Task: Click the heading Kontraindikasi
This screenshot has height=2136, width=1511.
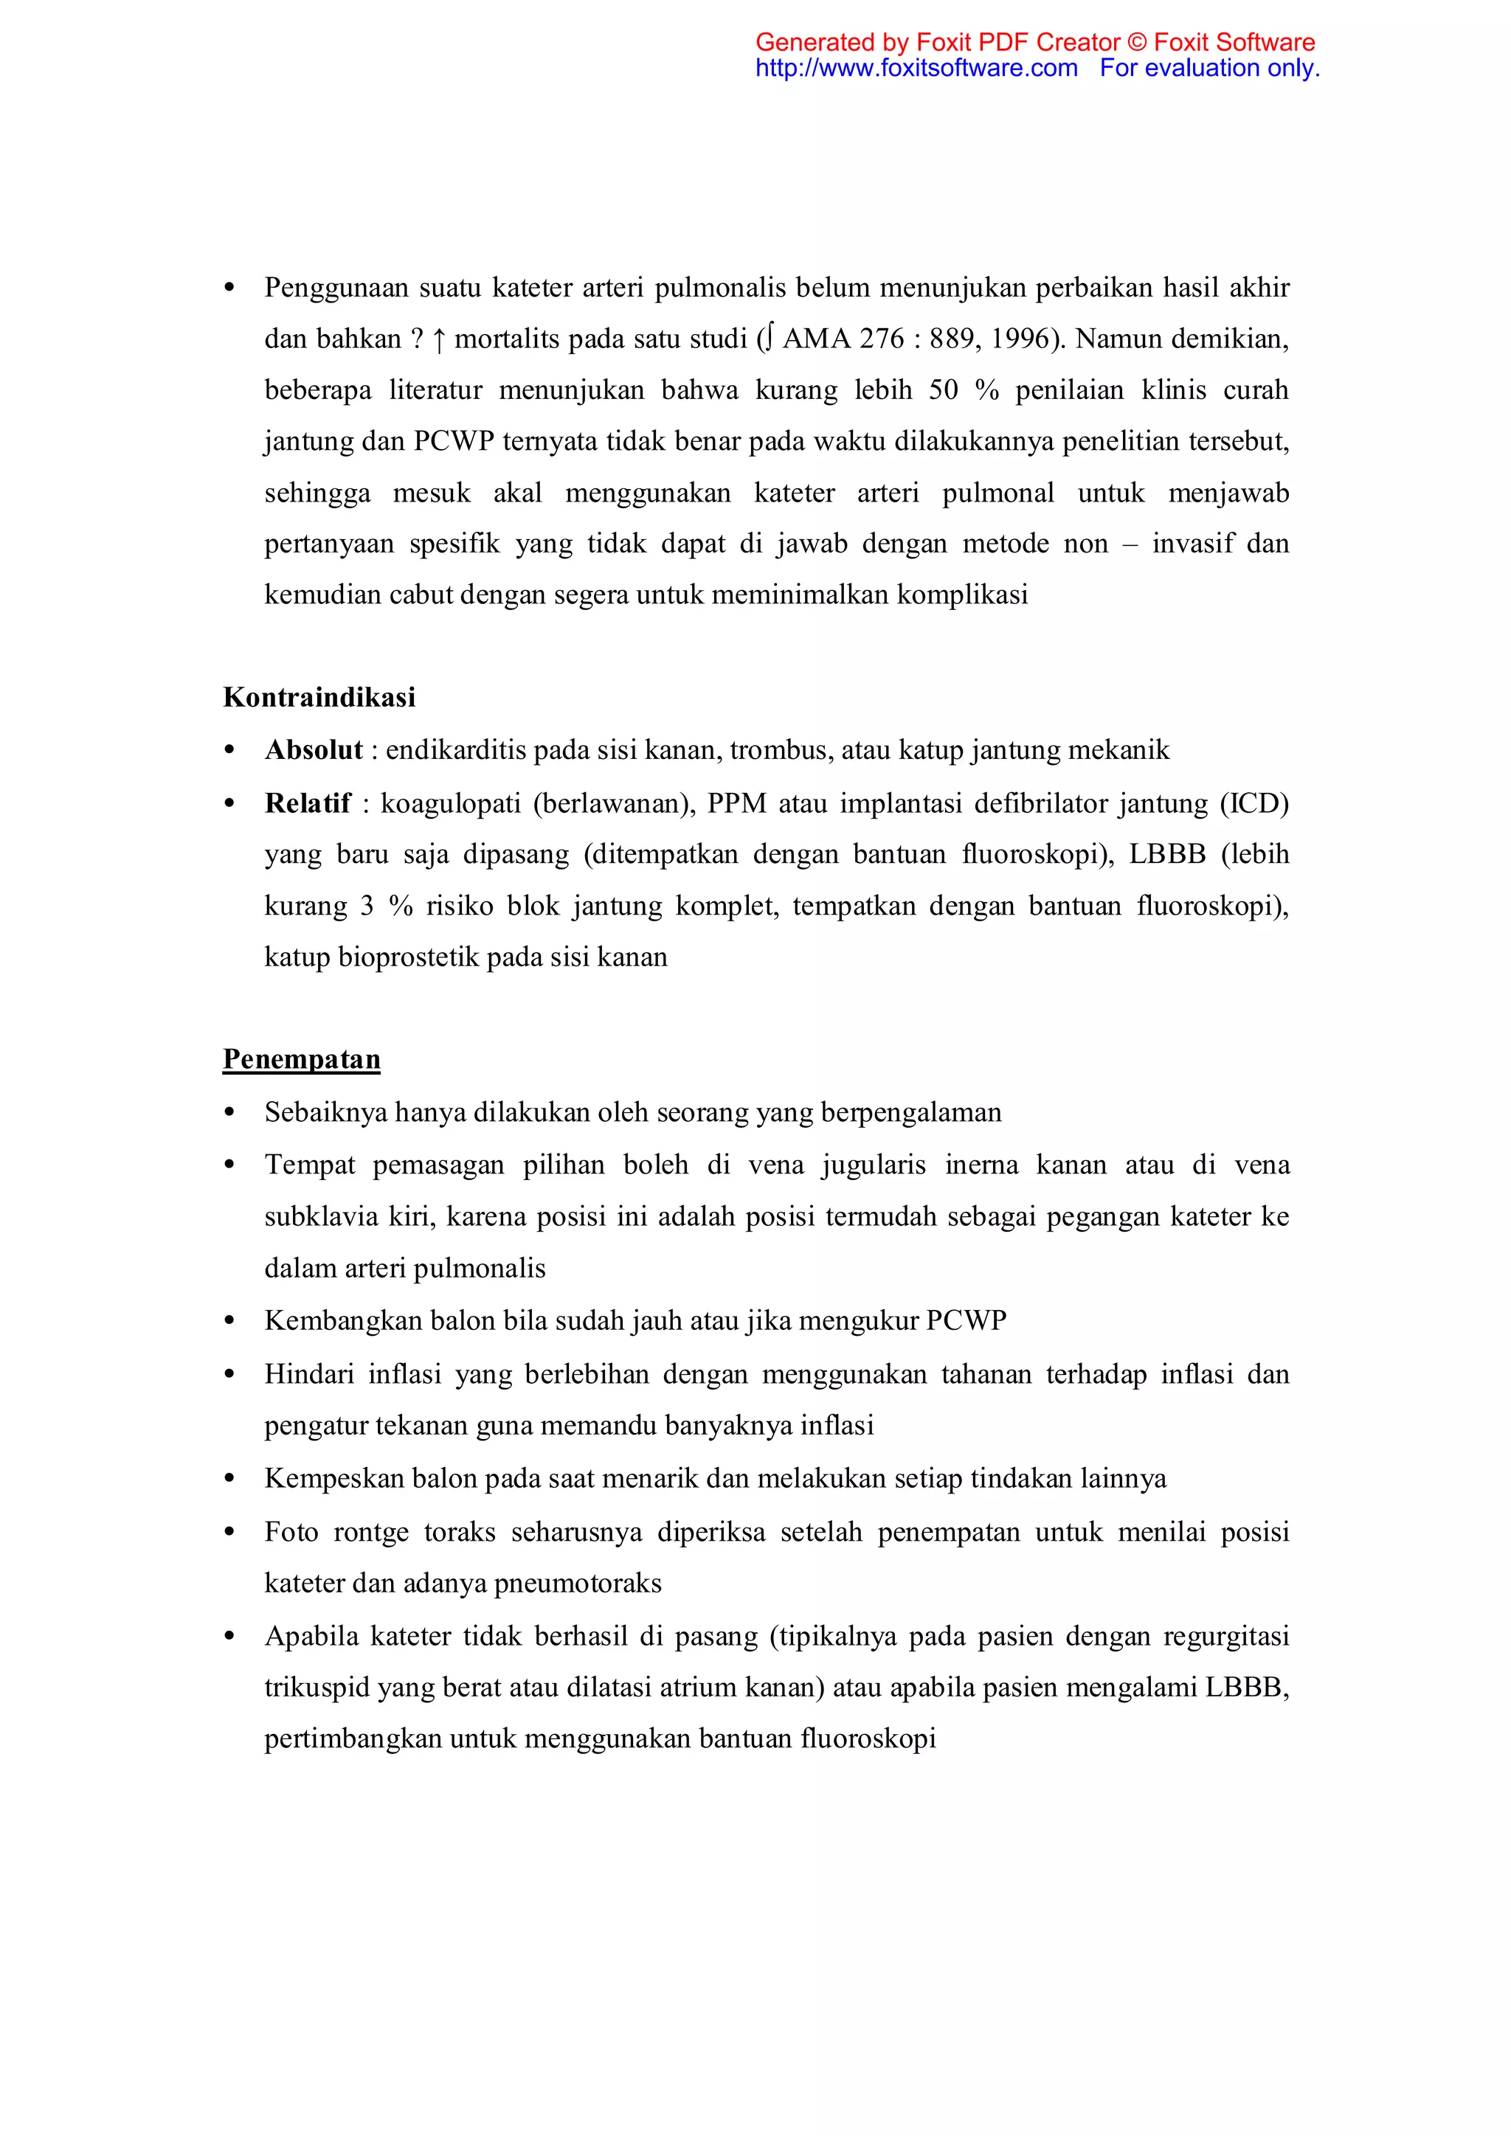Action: point(319,697)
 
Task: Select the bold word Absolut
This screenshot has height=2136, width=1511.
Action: point(314,750)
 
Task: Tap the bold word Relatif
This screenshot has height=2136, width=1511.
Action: point(308,803)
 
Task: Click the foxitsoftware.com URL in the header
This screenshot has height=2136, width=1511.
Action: point(916,68)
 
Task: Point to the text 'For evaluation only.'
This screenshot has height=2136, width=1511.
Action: point(1209,68)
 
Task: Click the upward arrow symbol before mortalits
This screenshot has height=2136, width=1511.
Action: point(438,339)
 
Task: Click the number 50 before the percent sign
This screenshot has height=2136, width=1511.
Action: point(944,389)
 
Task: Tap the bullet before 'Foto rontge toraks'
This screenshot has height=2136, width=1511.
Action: point(229,1532)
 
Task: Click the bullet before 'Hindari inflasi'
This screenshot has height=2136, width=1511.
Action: point(229,1374)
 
